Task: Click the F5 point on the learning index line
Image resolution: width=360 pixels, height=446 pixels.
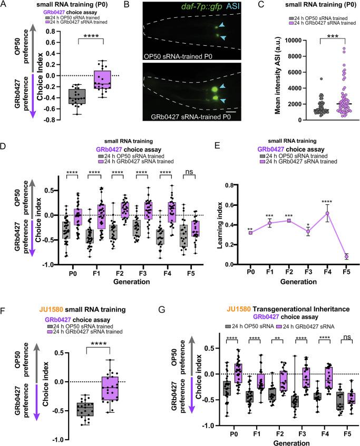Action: [344, 256]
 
